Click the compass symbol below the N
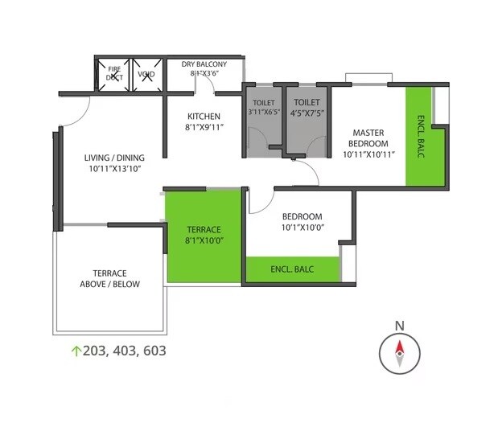(398, 352)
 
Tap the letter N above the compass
(398, 325)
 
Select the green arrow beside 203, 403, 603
(76, 351)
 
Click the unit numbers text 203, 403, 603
(124, 351)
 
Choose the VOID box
(146, 75)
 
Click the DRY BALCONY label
(204, 64)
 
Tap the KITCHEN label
(204, 115)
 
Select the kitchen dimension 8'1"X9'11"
(204, 126)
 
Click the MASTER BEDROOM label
(367, 138)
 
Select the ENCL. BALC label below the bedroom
(292, 269)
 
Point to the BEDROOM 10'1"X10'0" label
(302, 222)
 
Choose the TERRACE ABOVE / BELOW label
(109, 278)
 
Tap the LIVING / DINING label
(113, 158)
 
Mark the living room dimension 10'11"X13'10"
(113, 169)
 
